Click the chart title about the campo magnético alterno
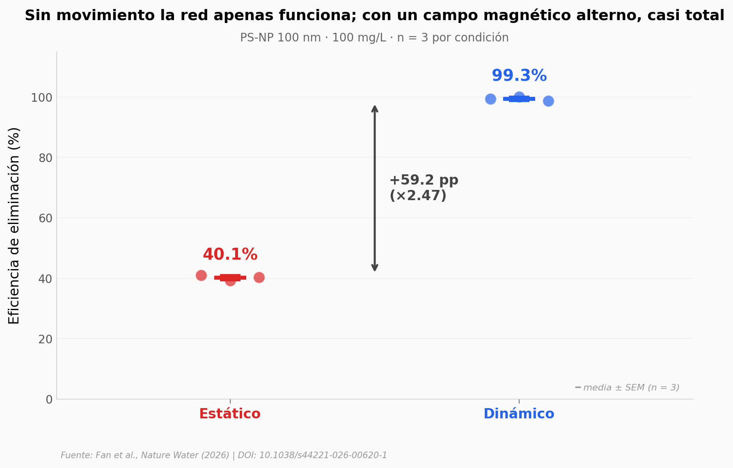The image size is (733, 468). [374, 16]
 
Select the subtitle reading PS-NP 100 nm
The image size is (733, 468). [374, 38]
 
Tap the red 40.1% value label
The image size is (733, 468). [230, 255]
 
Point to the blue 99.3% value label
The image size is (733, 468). [519, 76]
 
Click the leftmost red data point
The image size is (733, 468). [201, 275]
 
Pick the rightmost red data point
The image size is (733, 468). [259, 278]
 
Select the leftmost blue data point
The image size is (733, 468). [490, 99]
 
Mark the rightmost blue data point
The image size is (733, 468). [548, 101]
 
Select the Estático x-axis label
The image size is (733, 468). [230, 414]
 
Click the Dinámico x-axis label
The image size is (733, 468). [519, 414]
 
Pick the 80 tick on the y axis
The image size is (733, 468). [46, 158]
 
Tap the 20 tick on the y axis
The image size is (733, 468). [46, 339]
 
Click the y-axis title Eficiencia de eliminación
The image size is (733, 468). [14, 226]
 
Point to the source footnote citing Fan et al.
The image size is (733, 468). [224, 455]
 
